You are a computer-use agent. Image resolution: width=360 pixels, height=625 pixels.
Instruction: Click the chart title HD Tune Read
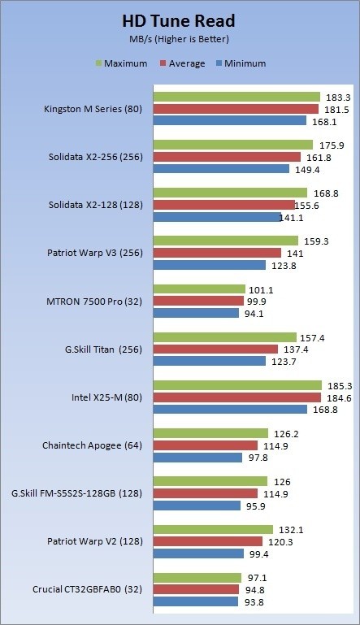pos(178,21)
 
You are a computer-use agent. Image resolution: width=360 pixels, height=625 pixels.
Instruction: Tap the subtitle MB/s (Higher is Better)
pos(179,39)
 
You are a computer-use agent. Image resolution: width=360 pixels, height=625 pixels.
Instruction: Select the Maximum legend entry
pos(122,63)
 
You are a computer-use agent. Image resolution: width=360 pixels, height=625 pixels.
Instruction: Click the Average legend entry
pos(183,63)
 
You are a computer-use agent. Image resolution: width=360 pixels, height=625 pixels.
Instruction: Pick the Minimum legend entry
pos(241,63)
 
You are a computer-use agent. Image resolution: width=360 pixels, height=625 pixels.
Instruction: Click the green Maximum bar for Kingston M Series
pos(236,97)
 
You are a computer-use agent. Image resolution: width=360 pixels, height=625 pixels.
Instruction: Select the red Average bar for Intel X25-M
pos(237,397)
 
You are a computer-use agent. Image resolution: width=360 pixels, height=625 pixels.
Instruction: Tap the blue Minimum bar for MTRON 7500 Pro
pos(196,313)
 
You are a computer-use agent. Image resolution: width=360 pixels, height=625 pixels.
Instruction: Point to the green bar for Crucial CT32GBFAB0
pos(197,578)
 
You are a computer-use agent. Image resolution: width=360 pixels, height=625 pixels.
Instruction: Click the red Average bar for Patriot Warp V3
pos(217,253)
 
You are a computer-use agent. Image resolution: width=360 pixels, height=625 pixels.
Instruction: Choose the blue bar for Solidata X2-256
pos(221,168)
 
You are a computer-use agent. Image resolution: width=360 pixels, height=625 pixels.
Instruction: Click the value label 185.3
pos(340,386)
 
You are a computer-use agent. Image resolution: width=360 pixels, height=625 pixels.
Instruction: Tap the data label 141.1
pos(291,218)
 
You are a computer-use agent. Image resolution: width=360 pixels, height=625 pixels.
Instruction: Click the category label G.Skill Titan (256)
pos(104,349)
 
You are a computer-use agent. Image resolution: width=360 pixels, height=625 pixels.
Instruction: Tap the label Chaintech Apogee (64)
pos(92,445)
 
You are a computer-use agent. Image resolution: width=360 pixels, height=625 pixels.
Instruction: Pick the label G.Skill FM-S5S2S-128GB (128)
pos(77,493)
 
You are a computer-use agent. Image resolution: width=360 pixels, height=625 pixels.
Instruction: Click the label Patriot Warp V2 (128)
pos(95,541)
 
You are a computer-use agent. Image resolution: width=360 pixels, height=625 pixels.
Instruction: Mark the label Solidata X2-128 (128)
pos(96,205)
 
